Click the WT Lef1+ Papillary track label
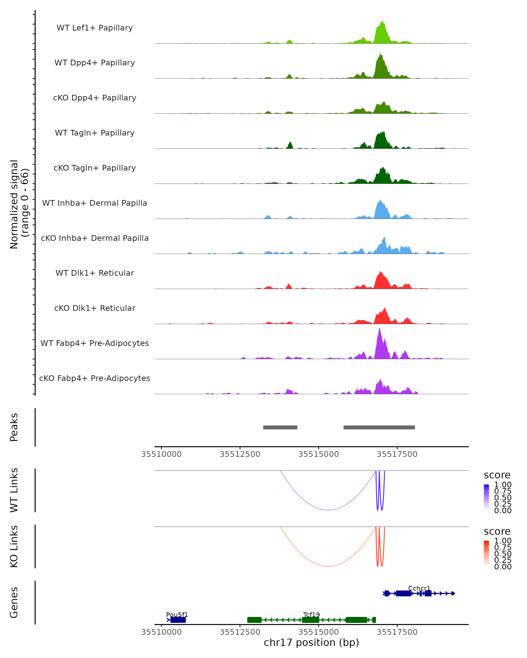click(x=95, y=28)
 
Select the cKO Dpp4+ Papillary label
click(x=95, y=98)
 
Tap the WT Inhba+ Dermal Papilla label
click(x=95, y=203)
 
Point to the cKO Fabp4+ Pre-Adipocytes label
click(x=95, y=378)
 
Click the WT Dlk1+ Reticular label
click(x=95, y=273)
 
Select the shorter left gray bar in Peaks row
click(x=280, y=427)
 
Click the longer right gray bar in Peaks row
click(x=379, y=427)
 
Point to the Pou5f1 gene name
click(x=177, y=615)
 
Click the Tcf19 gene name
click(x=311, y=615)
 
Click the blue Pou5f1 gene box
click(x=178, y=620)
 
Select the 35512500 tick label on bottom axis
click(x=240, y=632)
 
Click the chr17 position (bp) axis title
click(x=311, y=643)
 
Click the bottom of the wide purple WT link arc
click(x=328, y=510)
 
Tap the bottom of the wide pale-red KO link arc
click(x=328, y=566)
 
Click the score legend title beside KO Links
click(x=497, y=531)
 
